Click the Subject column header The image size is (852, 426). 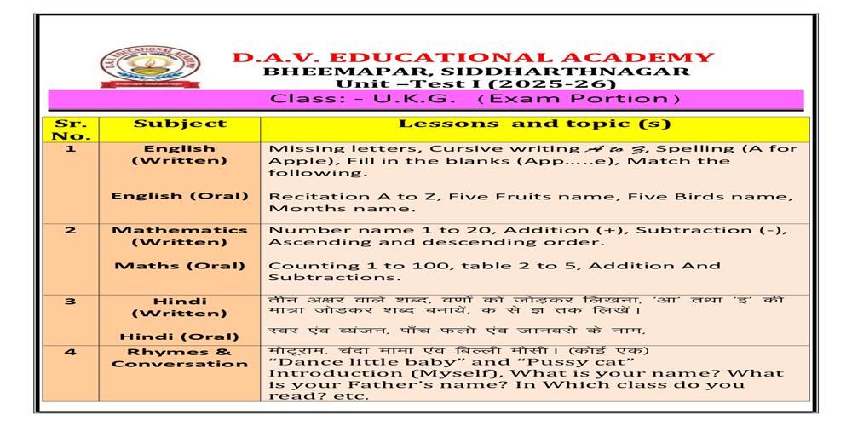pyautogui.click(x=180, y=124)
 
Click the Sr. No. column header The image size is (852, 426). pyautogui.click(x=71, y=129)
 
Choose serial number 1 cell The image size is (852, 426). pyautogui.click(x=71, y=148)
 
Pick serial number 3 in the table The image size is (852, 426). pyautogui.click(x=71, y=301)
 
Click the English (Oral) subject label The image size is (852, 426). pyautogui.click(x=180, y=196)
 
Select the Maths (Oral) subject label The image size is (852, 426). pyautogui.click(x=180, y=265)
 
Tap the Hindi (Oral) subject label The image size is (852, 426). pyautogui.click(x=180, y=336)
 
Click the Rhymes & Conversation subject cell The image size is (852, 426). pyautogui.click(x=180, y=357)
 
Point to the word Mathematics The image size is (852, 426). pyautogui.click(x=180, y=230)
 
